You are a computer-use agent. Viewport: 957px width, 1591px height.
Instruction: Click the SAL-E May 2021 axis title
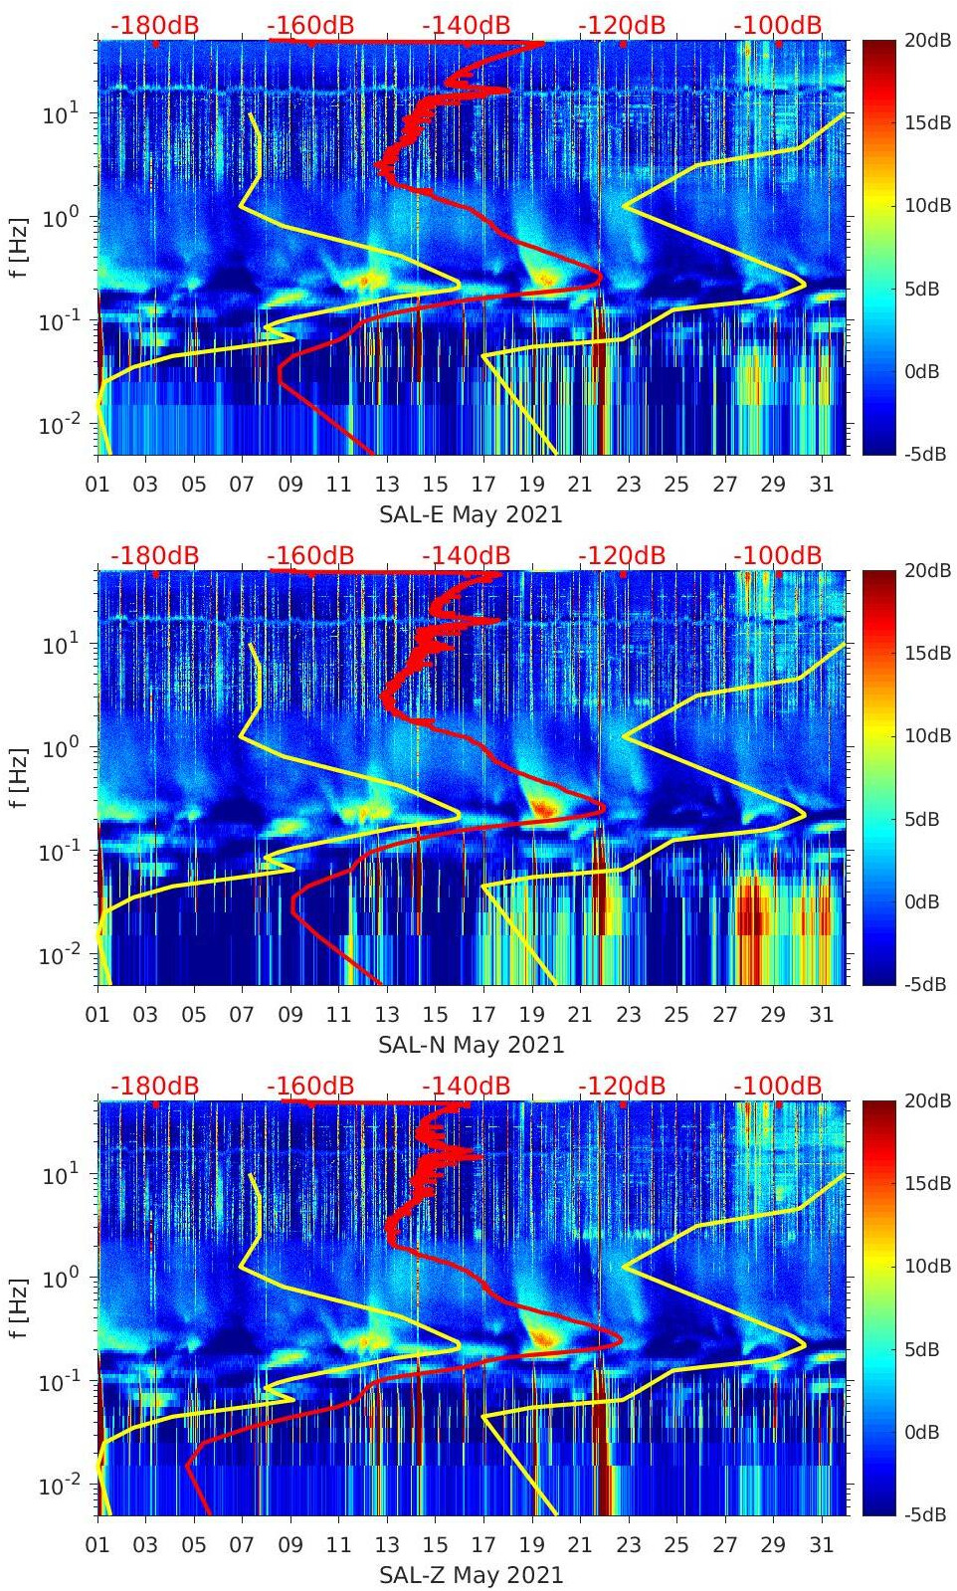pos(471,514)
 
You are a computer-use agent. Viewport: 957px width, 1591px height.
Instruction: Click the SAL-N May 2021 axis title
pos(471,1045)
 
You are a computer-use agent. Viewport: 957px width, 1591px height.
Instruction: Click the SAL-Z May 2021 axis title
pos(471,1575)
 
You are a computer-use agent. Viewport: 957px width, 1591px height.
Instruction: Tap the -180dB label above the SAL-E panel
pos(154,25)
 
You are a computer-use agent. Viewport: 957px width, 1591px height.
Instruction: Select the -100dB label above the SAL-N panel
pos(778,555)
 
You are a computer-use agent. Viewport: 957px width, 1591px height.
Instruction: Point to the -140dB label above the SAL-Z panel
pos(466,1086)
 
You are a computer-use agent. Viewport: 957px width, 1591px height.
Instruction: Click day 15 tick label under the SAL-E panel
pos(435,485)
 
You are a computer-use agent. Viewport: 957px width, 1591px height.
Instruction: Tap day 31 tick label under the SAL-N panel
pos(821,1015)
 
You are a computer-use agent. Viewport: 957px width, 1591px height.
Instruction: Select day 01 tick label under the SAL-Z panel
pos(97,1545)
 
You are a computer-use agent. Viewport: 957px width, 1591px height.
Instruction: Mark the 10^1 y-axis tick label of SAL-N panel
pos(60,645)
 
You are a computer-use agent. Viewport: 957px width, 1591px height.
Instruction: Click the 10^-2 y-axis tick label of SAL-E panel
pos(57,425)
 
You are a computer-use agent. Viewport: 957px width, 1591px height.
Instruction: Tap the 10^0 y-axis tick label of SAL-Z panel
pos(60,1278)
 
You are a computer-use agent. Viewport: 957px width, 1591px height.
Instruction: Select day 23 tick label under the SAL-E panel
pos(628,485)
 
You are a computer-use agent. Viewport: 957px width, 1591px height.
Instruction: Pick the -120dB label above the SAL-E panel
pos(622,25)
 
